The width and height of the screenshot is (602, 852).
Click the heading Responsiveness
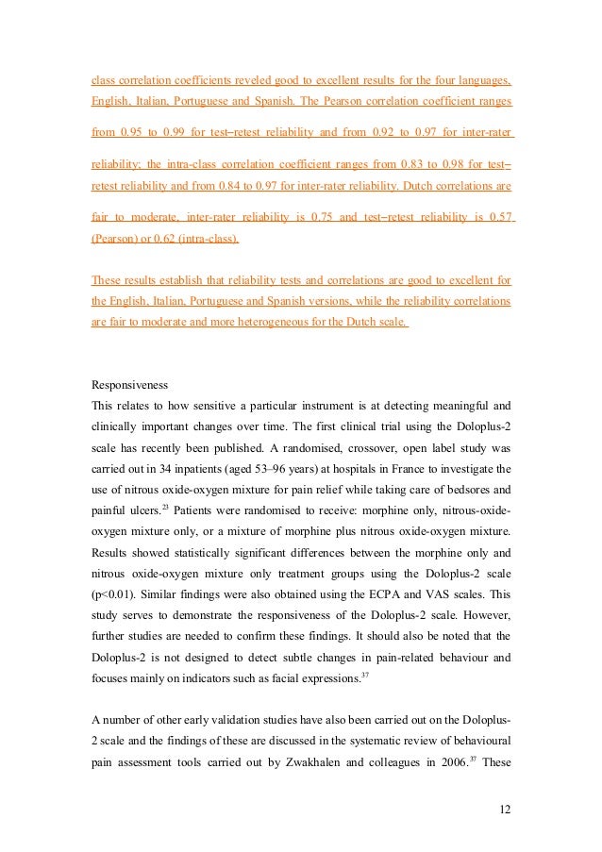(x=127, y=385)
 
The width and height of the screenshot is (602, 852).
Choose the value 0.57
(x=501, y=218)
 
